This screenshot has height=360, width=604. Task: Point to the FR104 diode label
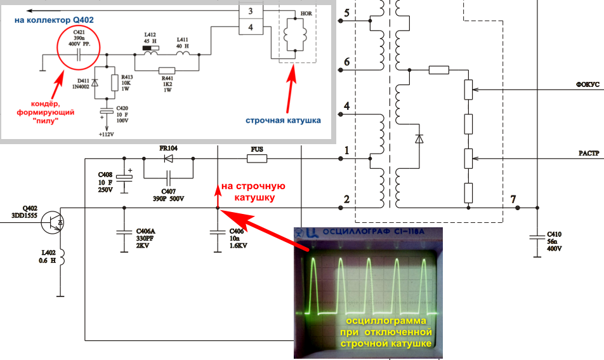click(x=168, y=149)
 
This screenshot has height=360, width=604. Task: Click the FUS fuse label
click(x=257, y=150)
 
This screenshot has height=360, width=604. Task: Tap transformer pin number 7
click(x=513, y=199)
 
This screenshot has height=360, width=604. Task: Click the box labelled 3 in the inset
click(x=251, y=11)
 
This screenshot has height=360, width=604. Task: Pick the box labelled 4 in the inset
click(x=251, y=27)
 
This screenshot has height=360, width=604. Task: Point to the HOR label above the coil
click(x=305, y=13)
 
